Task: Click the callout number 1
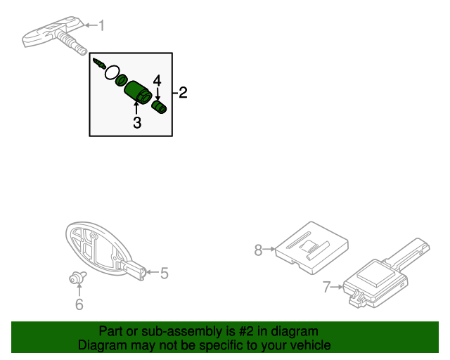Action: [101, 25]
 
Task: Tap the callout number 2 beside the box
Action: [183, 92]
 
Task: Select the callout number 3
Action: [137, 122]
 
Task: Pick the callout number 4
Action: [157, 81]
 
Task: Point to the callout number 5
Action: [164, 273]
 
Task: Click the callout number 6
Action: [79, 304]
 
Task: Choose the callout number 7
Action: [327, 287]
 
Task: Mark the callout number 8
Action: [258, 250]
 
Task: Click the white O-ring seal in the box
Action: [112, 72]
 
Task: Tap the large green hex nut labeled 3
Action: [138, 92]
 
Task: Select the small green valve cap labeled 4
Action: [159, 107]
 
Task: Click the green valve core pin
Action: [99, 63]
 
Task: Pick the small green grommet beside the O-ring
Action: [122, 80]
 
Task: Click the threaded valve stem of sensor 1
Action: [72, 43]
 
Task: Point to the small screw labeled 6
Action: [77, 277]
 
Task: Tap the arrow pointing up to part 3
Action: [136, 108]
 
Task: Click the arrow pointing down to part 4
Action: [157, 94]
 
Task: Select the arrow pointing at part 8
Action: [269, 249]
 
